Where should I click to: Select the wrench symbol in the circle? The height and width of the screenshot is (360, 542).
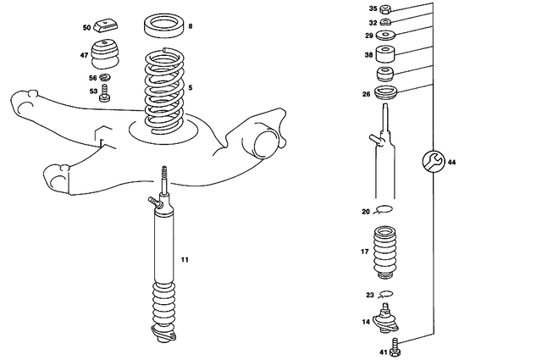coord(430,161)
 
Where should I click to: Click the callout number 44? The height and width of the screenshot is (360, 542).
coord(451,161)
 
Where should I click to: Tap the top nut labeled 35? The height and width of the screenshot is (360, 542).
coord(385,8)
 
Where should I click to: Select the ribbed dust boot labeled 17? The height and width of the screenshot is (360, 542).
coord(385,252)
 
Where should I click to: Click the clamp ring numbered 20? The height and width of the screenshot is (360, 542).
coord(385,211)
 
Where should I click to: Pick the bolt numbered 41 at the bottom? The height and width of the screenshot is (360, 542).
coord(395,346)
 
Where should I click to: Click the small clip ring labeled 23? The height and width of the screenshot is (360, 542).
coord(386,294)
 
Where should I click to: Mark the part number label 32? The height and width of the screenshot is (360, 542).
coord(373,22)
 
